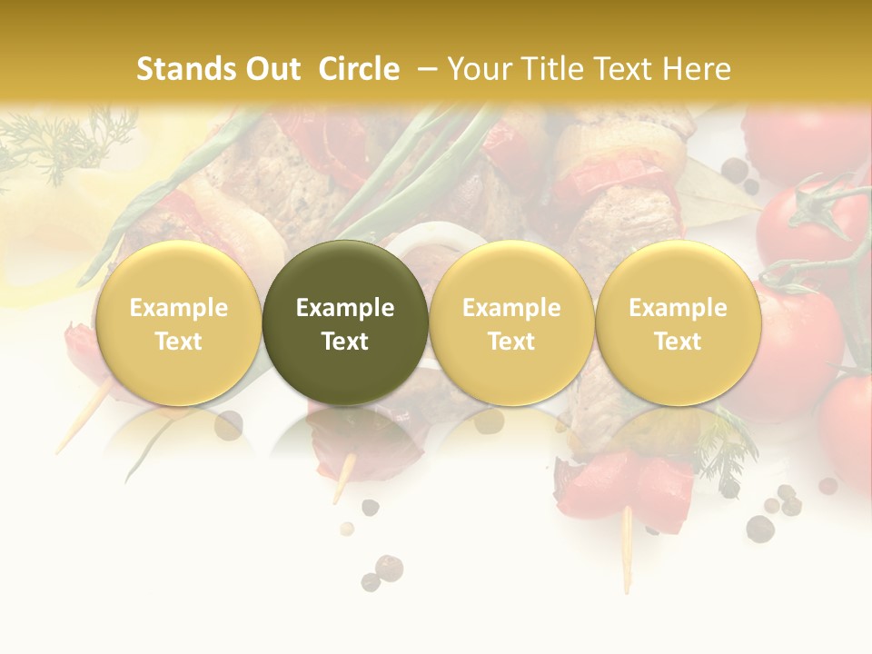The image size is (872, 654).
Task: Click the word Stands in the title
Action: [183, 69]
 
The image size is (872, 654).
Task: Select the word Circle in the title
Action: [359, 69]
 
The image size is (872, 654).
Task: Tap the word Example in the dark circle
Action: [345, 308]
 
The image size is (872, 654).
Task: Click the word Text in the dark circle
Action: [345, 342]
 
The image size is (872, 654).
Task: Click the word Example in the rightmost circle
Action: [678, 308]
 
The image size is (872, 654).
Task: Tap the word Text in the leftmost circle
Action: [179, 342]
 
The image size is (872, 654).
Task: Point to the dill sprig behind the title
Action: [64, 141]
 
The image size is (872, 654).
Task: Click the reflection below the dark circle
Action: [345, 436]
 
